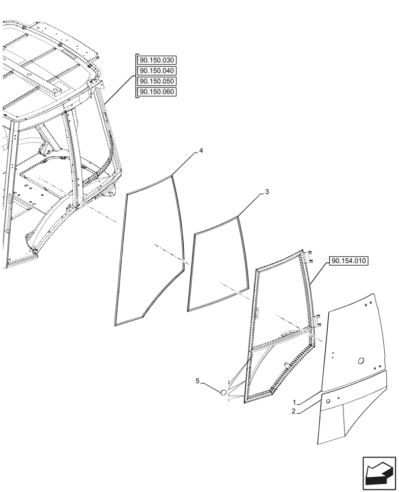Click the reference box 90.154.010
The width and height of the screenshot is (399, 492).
pos(349,261)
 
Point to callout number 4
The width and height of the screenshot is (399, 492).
pos(201,151)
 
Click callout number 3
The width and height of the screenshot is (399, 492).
pos(266,192)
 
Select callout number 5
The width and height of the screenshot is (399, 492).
pos(198,381)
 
